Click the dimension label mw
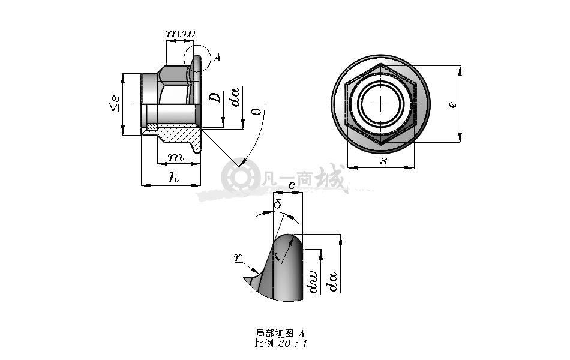(181, 34)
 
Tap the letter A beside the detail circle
(217, 58)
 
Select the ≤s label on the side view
(114, 103)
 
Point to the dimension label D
(215, 98)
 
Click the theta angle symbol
(257, 111)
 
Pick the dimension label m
(176, 157)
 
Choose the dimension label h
(174, 178)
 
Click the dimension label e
(452, 104)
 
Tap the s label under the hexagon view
(383, 161)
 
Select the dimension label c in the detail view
(292, 185)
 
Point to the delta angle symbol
(278, 203)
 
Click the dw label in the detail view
(312, 282)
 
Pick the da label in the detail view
(333, 282)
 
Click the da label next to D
(236, 97)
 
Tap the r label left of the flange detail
(238, 257)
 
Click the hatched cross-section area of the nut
(179, 134)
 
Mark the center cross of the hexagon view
(380, 104)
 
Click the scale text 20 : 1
(292, 343)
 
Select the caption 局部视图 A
(280, 334)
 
